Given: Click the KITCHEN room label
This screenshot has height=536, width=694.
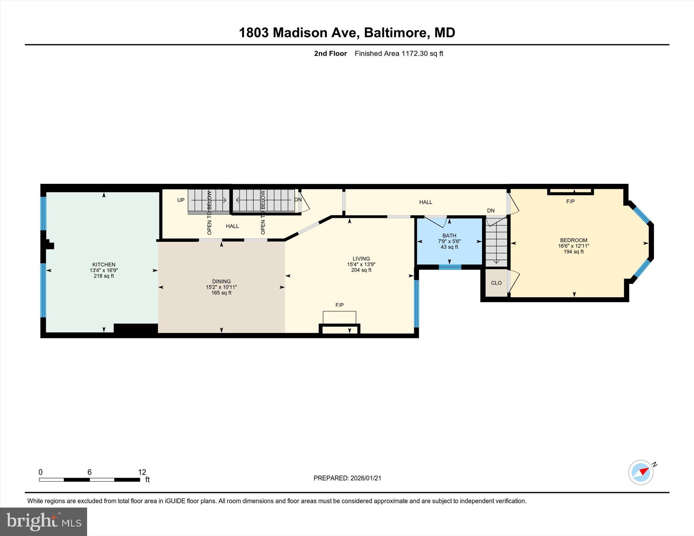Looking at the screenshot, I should click(104, 264).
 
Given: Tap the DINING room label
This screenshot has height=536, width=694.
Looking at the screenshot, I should click(221, 281).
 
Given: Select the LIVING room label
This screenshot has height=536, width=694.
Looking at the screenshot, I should click(361, 258).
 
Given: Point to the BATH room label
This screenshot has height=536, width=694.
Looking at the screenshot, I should click(449, 235).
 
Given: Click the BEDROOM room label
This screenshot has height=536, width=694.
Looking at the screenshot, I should click(573, 240).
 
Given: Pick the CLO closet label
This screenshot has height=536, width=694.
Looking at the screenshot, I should click(496, 283).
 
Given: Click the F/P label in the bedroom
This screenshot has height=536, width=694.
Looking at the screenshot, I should click(570, 201).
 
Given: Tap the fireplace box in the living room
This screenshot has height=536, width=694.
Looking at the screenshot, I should click(339, 318).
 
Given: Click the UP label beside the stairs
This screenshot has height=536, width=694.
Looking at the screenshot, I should click(181, 200).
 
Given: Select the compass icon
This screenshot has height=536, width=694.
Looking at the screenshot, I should click(641, 472).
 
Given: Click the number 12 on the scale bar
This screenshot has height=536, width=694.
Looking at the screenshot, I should click(142, 472).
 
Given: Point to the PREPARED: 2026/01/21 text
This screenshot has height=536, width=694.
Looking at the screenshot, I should click(347, 478).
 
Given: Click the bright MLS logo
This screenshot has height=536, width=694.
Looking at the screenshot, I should click(43, 521).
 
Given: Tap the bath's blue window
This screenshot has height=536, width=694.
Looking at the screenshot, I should click(450, 267).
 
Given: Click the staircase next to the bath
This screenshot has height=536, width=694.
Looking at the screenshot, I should click(496, 242).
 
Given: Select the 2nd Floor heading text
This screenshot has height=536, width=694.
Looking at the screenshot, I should click(330, 53).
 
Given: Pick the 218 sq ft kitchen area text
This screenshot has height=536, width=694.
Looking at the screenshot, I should click(104, 276).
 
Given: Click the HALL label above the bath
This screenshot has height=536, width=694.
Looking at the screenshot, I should click(426, 202).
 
